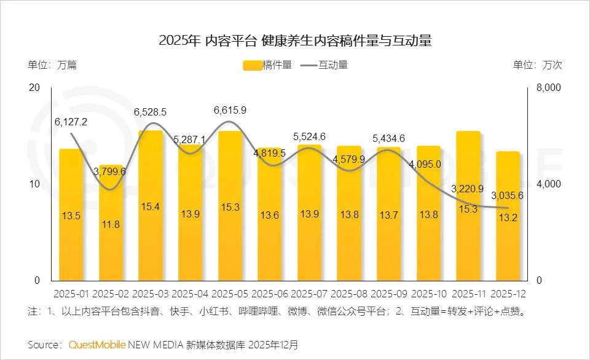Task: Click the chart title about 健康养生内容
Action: click(295, 41)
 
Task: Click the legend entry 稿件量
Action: click(268, 65)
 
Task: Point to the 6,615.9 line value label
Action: click(230, 111)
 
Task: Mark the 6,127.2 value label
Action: click(71, 122)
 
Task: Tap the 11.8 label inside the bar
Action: click(111, 224)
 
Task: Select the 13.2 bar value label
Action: click(508, 217)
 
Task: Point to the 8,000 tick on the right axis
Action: click(549, 88)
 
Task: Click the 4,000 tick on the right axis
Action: click(549, 184)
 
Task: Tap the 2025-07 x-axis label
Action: click(309, 294)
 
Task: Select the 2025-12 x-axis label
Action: click(508, 294)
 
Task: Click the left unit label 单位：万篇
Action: click(52, 65)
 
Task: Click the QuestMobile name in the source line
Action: click(97, 344)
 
